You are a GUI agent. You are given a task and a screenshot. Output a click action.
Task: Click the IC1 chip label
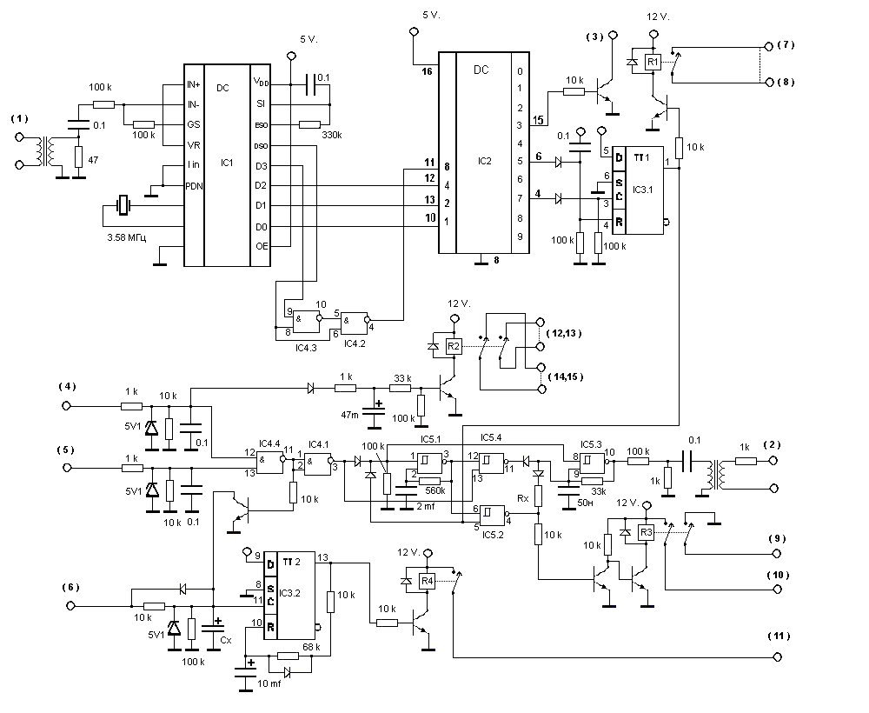[227, 163]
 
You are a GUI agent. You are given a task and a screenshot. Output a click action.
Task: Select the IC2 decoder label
[485, 162]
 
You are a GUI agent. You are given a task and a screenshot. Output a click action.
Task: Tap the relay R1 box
[653, 62]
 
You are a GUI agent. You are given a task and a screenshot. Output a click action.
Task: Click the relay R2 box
[453, 346]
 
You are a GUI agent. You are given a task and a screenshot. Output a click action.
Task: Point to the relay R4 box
[426, 581]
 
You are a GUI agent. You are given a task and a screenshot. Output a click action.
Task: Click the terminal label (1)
[19, 118]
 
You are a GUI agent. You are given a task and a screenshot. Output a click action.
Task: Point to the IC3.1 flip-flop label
[644, 189]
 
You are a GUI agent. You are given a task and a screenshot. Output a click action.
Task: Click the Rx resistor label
[523, 499]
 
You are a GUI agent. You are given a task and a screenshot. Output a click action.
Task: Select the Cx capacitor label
[226, 640]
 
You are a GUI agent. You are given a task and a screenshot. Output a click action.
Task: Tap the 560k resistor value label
[435, 491]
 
